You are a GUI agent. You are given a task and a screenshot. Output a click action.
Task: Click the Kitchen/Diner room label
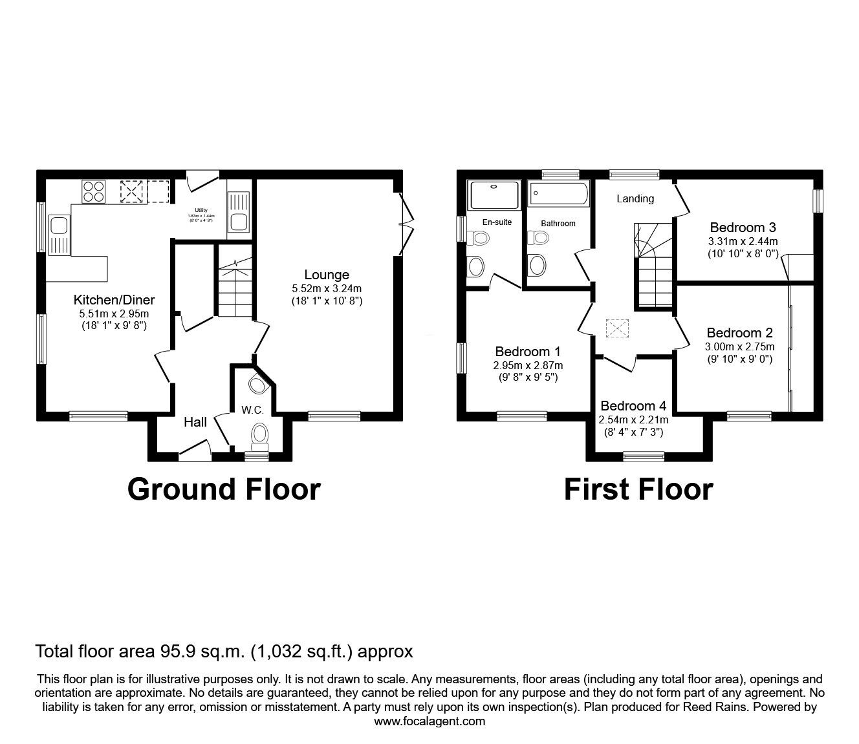pos(114,300)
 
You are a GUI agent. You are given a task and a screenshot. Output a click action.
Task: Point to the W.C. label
pos(252,410)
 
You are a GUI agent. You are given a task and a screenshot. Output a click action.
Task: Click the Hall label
pos(195,422)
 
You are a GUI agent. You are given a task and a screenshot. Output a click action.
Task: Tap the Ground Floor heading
pos(224,489)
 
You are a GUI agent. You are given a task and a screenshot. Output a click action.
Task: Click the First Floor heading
pos(638,489)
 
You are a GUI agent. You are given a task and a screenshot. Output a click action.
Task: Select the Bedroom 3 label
pos(743,228)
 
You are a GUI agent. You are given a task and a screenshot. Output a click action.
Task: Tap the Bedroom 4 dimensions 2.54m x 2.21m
pos(633,420)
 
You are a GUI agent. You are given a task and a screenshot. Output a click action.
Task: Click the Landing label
pos(635,199)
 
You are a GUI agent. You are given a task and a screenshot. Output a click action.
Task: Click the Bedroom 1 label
pos(527,352)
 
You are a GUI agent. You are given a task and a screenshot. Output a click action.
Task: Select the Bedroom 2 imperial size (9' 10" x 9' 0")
pos(739,359)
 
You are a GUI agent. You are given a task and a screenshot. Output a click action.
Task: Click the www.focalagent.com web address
pos(430,721)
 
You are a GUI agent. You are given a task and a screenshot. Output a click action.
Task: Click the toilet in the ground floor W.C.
pos(260,436)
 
